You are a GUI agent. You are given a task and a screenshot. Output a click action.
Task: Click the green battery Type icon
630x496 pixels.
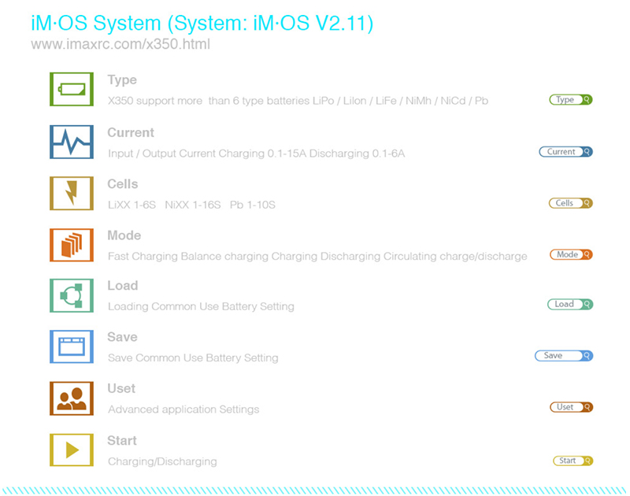click(72, 89)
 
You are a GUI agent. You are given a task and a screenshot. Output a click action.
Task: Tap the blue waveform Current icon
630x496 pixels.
click(72, 142)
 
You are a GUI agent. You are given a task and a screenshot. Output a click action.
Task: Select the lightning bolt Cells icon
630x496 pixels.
click(72, 193)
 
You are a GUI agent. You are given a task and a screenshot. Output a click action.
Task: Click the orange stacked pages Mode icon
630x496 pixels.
click(72, 245)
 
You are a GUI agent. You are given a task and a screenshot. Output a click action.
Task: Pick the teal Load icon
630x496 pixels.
click(72, 295)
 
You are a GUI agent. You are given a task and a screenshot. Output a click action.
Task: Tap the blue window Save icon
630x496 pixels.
click(72, 346)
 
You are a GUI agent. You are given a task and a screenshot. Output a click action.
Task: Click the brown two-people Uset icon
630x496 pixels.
click(72, 398)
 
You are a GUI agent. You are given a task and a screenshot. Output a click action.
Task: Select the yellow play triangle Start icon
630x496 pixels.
click(72, 450)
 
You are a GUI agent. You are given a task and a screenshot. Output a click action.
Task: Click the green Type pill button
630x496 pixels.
click(571, 100)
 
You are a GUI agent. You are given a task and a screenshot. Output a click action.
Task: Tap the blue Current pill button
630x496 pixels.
click(565, 152)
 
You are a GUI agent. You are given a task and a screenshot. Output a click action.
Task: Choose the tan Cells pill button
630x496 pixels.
click(570, 203)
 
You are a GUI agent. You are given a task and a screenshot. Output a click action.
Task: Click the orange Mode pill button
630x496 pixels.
click(572, 254)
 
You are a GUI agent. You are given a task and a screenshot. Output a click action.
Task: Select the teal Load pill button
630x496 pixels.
click(570, 305)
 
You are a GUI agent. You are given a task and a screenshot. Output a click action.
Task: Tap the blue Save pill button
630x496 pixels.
click(564, 356)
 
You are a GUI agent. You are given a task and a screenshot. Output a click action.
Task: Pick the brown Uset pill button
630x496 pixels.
click(572, 407)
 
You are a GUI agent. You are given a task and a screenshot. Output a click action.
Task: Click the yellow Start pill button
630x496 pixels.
click(573, 461)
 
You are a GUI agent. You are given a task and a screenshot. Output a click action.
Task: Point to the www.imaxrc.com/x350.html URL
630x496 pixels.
click(120, 44)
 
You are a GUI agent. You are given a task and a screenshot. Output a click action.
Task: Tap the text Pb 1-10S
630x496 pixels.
click(252, 205)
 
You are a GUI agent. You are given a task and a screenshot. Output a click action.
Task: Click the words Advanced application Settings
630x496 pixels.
click(183, 409)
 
